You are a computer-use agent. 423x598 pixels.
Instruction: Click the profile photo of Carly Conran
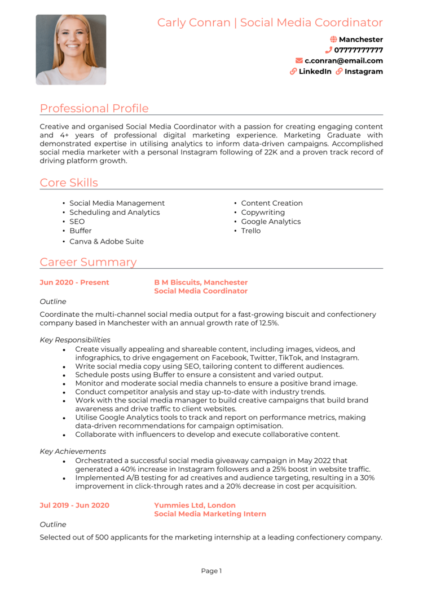click(71, 50)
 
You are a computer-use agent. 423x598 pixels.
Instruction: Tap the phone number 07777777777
click(358, 50)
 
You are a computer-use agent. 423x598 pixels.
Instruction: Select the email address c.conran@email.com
click(343, 61)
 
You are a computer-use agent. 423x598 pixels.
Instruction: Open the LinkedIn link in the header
click(315, 72)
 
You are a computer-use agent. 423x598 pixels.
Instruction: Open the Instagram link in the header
click(363, 72)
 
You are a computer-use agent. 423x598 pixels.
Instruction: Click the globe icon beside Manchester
click(333, 39)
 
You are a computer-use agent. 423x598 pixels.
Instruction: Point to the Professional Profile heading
click(94, 108)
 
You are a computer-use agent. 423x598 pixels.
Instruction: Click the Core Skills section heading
click(69, 183)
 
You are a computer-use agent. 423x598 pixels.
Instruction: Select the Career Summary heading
click(88, 262)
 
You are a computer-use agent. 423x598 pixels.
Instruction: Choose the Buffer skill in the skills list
click(80, 231)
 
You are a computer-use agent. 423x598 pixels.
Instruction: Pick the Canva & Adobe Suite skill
click(106, 242)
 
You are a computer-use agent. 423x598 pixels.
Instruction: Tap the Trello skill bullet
click(250, 231)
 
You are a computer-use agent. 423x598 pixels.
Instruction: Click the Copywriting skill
click(263, 212)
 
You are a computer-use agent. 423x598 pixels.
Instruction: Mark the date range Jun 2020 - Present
click(74, 282)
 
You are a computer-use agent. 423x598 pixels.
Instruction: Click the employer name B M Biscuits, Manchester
click(201, 282)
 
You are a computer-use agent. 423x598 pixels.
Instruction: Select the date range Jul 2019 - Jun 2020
click(74, 506)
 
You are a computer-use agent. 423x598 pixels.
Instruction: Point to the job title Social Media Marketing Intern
click(210, 515)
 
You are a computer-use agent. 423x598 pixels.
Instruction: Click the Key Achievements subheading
click(73, 451)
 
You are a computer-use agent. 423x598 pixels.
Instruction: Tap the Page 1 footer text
click(211, 571)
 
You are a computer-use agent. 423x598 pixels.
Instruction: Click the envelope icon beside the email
click(299, 61)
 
